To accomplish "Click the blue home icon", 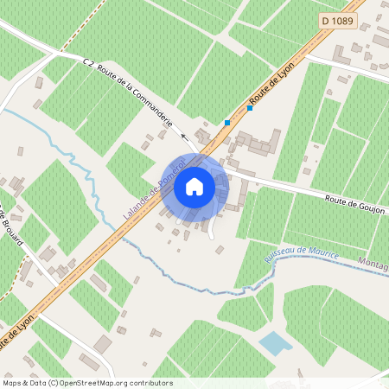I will click(194, 186).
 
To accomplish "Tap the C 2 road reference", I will click(88, 62).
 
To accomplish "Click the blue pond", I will click(275, 343).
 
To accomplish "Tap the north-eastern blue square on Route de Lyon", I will click(250, 108).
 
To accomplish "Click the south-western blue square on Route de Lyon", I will click(227, 123).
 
